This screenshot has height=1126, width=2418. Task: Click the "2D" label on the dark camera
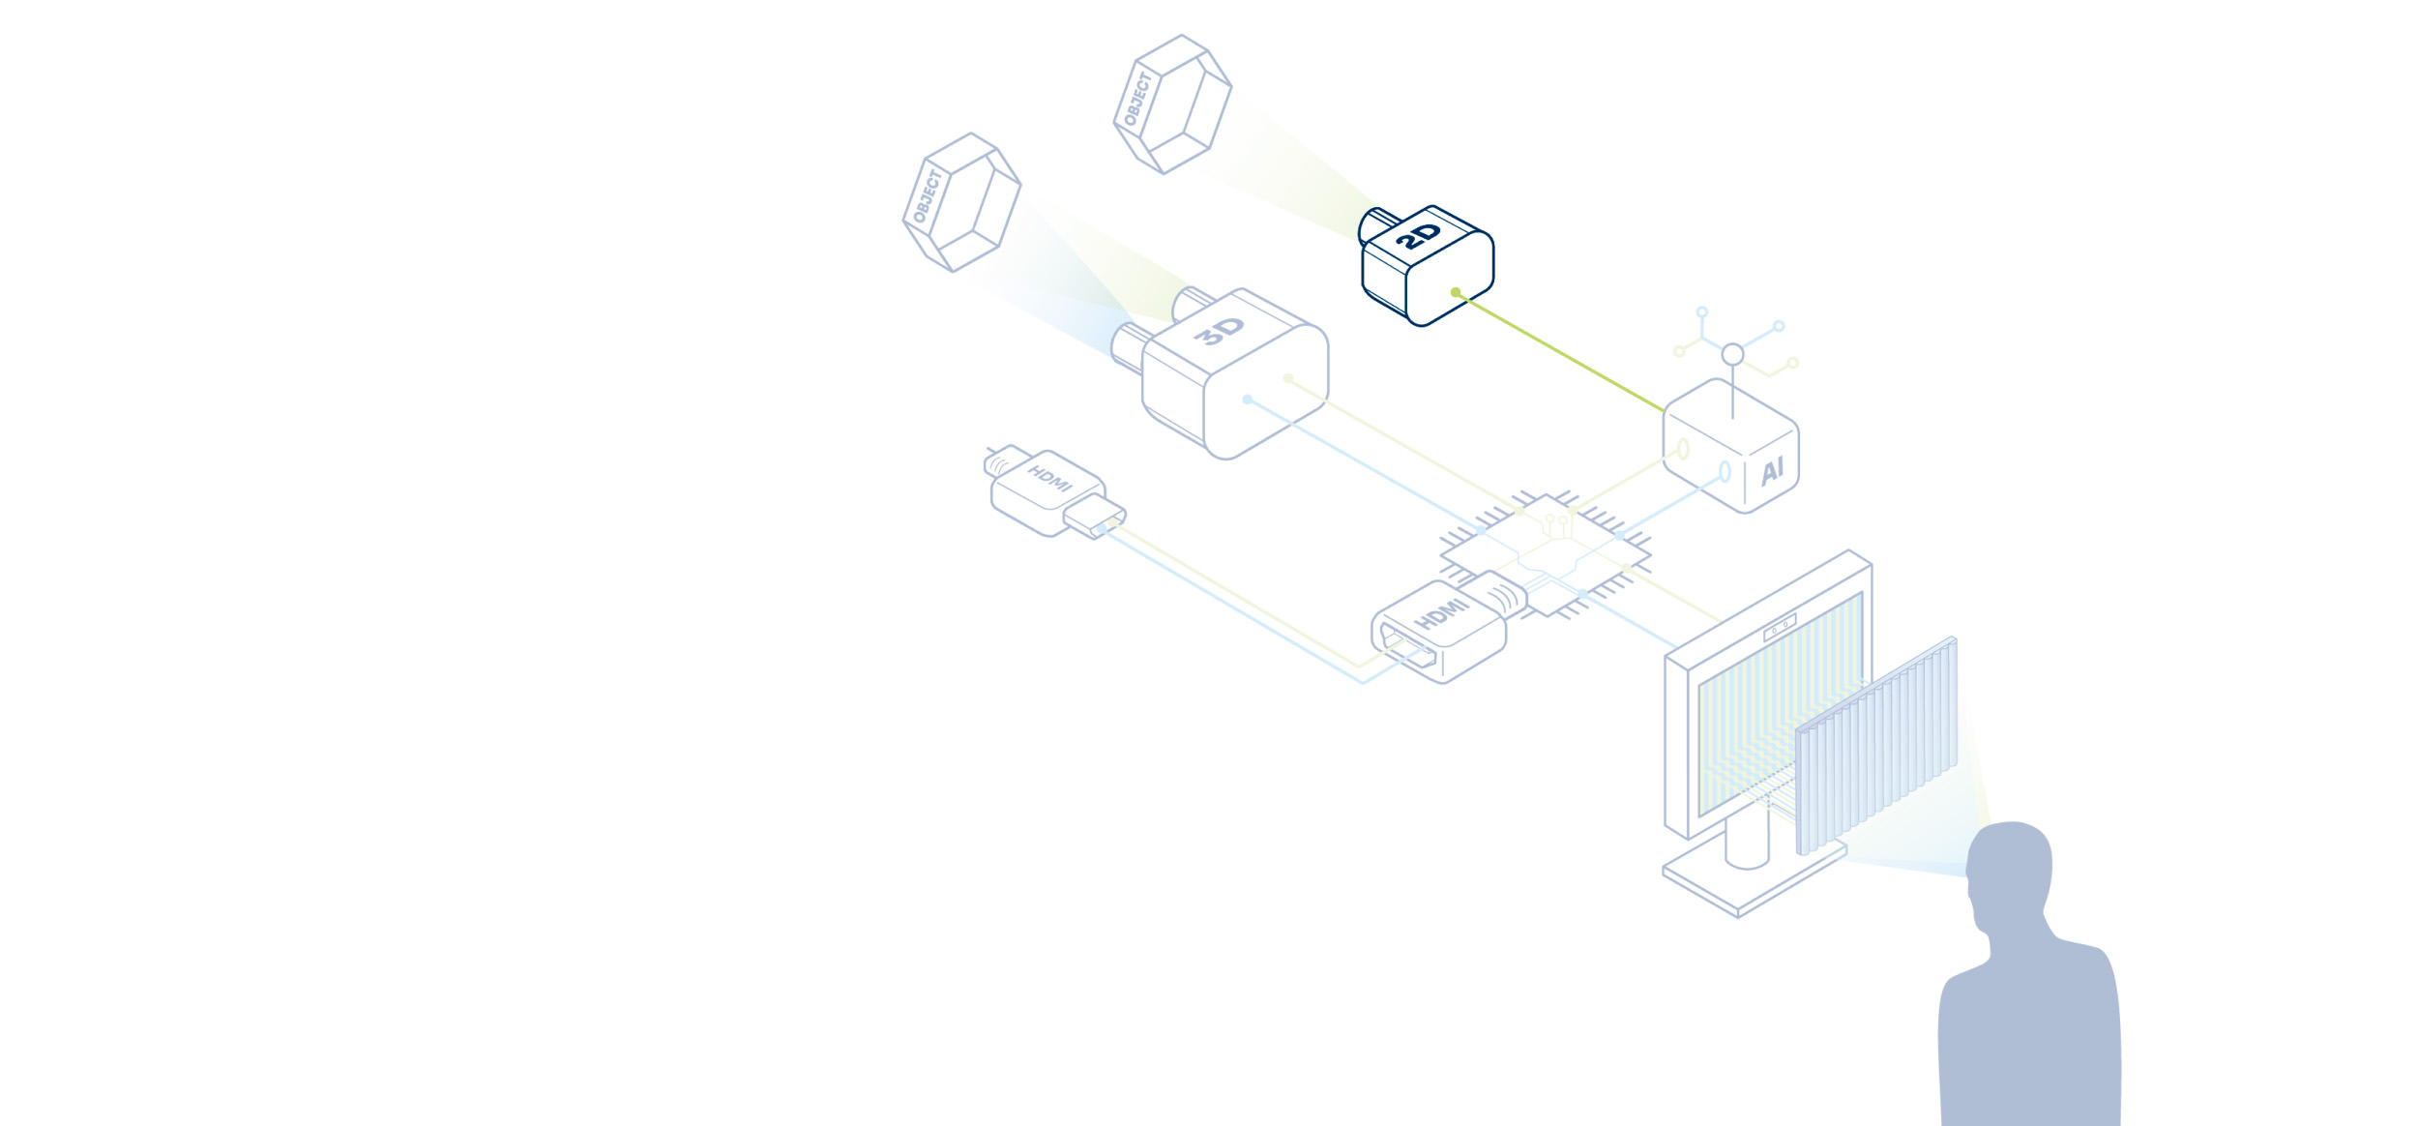pyautogui.click(x=1418, y=236)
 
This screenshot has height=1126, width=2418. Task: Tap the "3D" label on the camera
pyautogui.click(x=1219, y=330)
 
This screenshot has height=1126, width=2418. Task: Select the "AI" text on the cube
pyautogui.click(x=1772, y=471)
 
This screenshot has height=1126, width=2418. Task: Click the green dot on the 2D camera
pyautogui.click(x=1456, y=292)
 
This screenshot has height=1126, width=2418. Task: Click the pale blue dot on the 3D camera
pyautogui.click(x=1248, y=400)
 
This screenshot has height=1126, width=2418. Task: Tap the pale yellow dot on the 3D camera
pyautogui.click(x=1287, y=378)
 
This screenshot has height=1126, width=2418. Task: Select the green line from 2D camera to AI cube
pyautogui.click(x=1560, y=351)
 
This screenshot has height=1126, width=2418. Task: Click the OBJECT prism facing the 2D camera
pyautogui.click(x=1172, y=104)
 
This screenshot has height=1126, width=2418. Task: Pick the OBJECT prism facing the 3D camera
pyautogui.click(x=961, y=202)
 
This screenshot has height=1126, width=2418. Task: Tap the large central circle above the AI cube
pyautogui.click(x=1732, y=354)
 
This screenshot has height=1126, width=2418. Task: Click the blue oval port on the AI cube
pyautogui.click(x=1725, y=471)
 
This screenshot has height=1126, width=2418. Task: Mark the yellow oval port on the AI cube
pyautogui.click(x=1683, y=449)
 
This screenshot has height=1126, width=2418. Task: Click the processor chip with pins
pyautogui.click(x=1546, y=555)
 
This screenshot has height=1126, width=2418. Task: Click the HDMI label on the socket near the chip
pyautogui.click(x=1442, y=614)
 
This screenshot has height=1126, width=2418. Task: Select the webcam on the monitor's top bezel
pyautogui.click(x=1780, y=627)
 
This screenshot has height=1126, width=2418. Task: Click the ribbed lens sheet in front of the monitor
pyautogui.click(x=1876, y=746)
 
